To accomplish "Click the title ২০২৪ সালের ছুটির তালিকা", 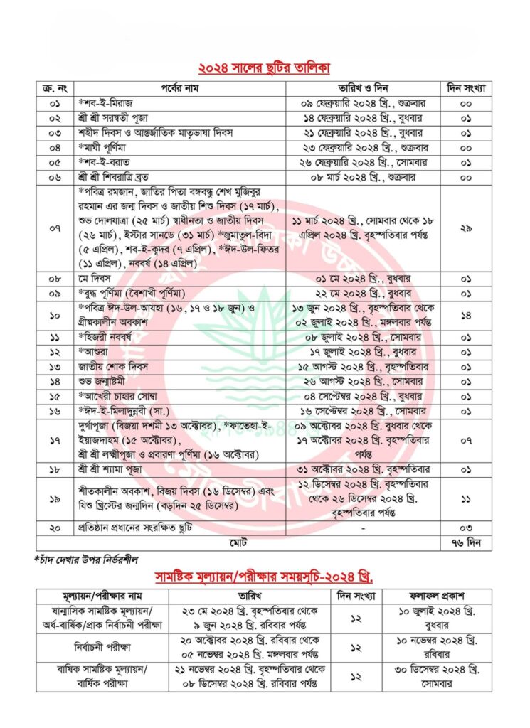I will [x=265, y=69].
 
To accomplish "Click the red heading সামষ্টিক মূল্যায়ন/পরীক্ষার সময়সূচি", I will [x=264, y=575].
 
